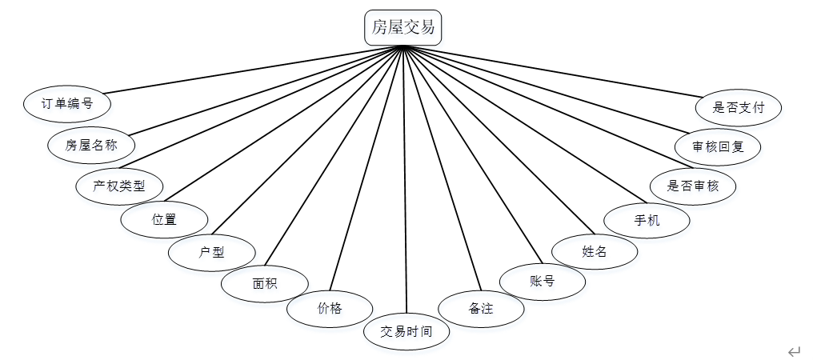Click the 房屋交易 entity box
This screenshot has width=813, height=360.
pos(403,28)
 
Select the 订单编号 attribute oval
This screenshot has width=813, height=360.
pos(67,103)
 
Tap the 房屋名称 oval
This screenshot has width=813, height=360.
pos(90,145)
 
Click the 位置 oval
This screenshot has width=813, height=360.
pos(164,219)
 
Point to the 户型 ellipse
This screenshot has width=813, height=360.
pos(211,253)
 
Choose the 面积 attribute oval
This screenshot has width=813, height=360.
pos(264,284)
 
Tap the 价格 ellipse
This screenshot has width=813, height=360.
pos(329,309)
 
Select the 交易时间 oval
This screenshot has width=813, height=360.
pos(406,331)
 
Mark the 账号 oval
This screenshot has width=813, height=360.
pos(542,281)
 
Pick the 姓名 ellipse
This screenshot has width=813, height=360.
pos(595,251)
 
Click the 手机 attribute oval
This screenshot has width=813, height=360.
pos(647,220)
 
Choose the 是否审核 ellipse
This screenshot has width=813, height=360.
pos(693,186)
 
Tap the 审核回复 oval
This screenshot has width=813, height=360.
pos(716,147)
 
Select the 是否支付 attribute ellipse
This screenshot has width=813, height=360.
pos(737,107)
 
